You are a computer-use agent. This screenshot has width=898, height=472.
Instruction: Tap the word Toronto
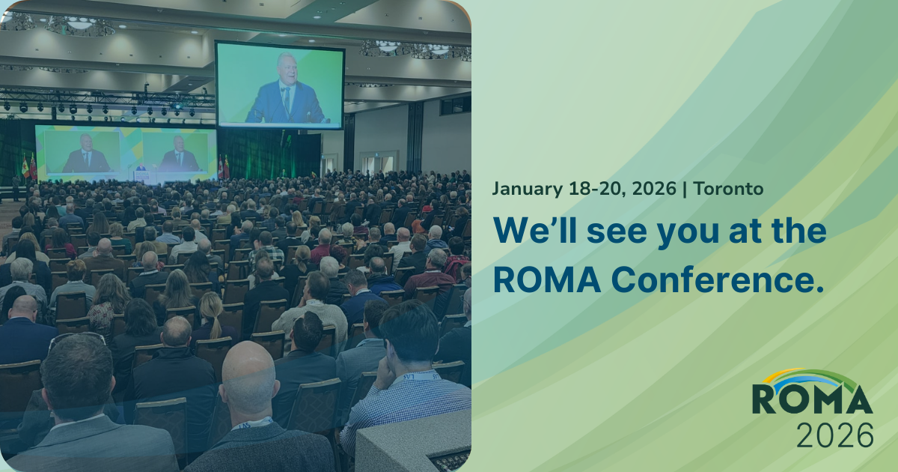tap(729, 189)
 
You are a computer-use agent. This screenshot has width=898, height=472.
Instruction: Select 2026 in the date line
tap(653, 189)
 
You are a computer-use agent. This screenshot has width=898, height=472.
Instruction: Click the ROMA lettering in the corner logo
tap(812, 399)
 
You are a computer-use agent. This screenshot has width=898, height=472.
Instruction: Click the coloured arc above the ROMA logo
tap(812, 376)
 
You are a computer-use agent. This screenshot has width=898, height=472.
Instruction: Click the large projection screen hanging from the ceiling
tap(280, 85)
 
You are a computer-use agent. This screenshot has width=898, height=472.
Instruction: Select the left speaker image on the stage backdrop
tap(84, 152)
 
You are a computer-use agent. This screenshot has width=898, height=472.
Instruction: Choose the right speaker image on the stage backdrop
tap(178, 152)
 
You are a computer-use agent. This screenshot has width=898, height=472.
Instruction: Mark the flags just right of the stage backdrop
tap(223, 167)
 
